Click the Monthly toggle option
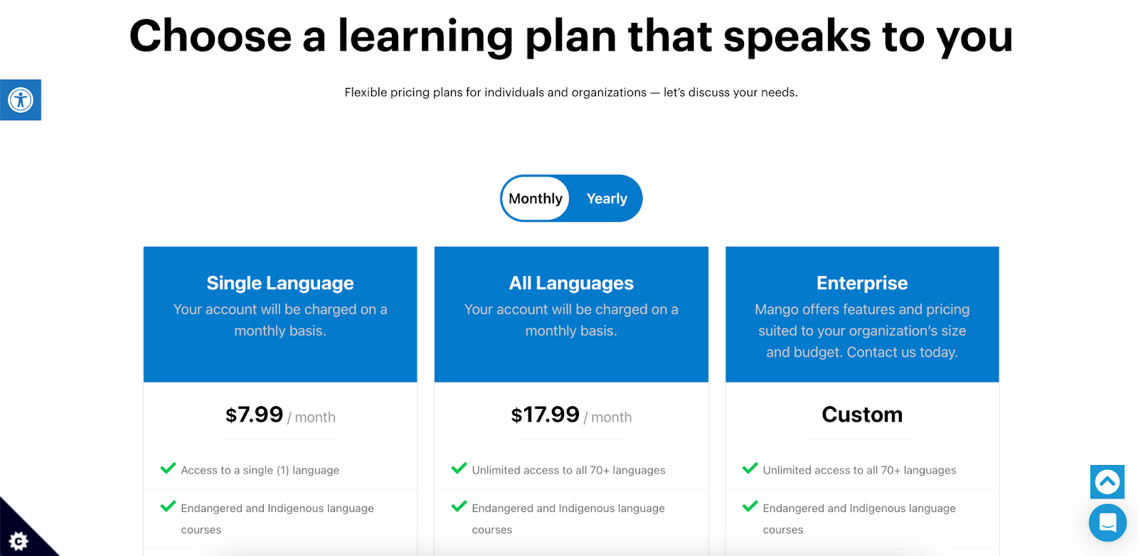[x=535, y=198]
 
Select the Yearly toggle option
[x=607, y=198]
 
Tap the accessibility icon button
[x=21, y=100]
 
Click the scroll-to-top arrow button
[x=1107, y=482]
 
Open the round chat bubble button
[x=1107, y=523]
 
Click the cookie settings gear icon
[x=18, y=541]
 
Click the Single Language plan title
[x=280, y=283]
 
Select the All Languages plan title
[x=571, y=283]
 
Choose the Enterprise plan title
[x=862, y=283]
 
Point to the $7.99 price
[x=254, y=415]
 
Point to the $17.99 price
[x=545, y=415]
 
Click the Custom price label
[x=862, y=415]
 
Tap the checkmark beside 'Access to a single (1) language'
[x=168, y=468]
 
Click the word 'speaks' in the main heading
[x=797, y=36]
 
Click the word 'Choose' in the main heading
[x=211, y=36]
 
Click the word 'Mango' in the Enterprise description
[x=775, y=310]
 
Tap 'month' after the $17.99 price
[x=612, y=417]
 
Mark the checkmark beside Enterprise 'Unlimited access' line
[x=750, y=468]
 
